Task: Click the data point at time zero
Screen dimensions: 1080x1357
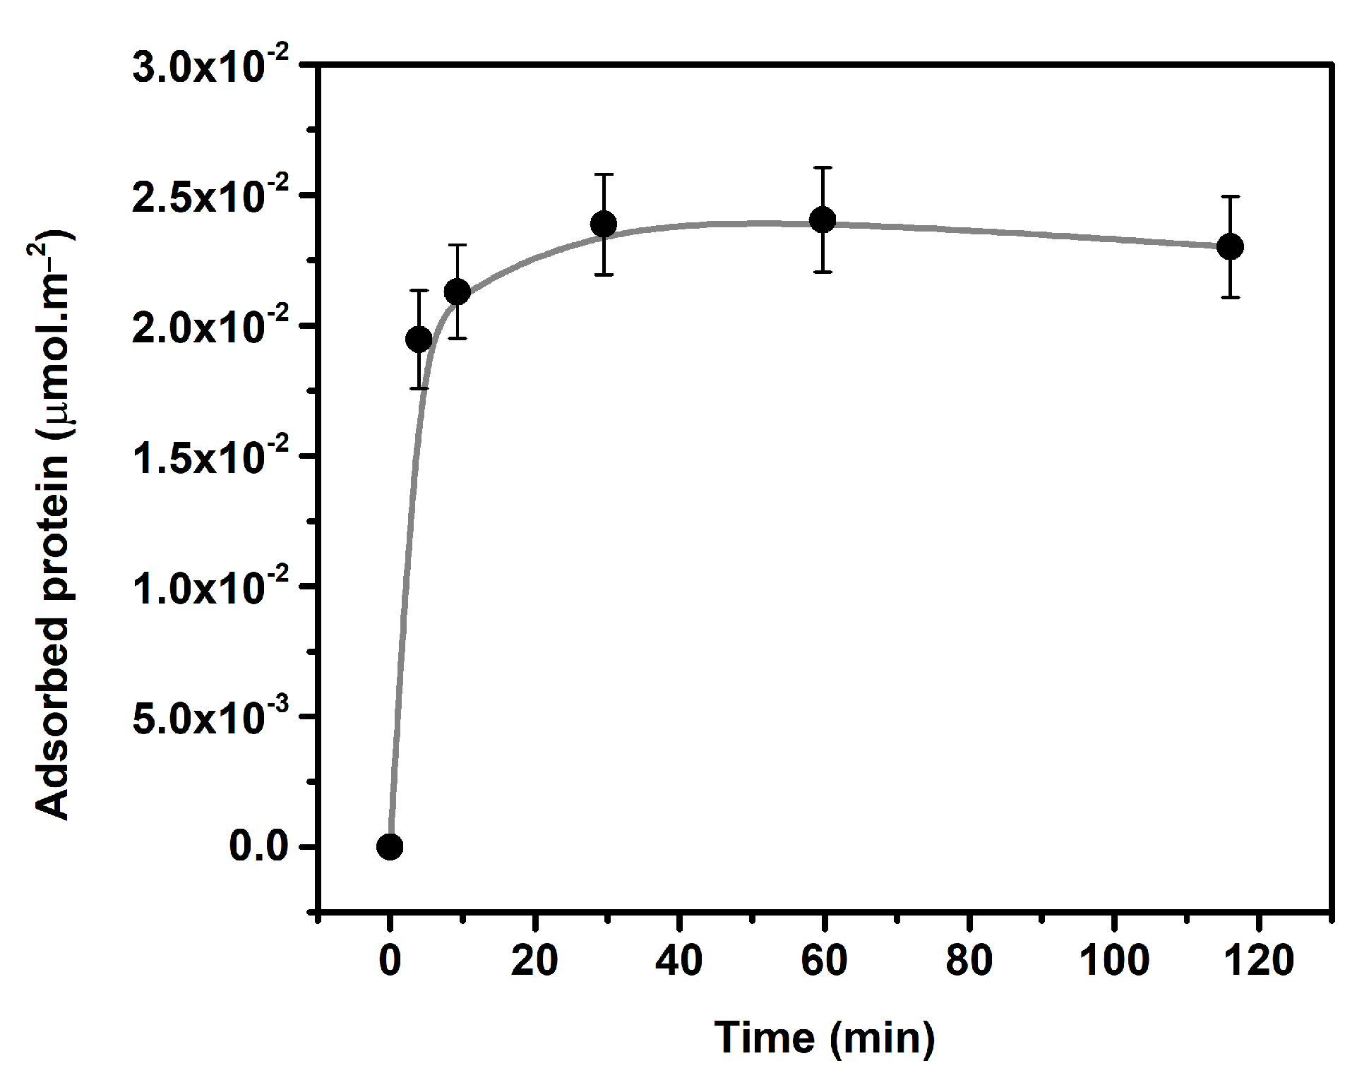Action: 390,846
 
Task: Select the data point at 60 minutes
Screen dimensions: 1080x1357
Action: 823,220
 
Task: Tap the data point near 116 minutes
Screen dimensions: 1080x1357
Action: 1231,246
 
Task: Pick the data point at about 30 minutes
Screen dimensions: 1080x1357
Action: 604,224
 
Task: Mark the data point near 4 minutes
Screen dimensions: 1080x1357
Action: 419,340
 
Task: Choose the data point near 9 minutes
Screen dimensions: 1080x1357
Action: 458,291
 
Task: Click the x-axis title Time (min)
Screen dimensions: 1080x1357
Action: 825,1038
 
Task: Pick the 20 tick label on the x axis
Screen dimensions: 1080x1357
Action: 534,961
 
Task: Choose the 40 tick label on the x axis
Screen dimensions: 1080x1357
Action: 679,961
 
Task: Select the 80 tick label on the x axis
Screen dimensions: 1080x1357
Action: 969,961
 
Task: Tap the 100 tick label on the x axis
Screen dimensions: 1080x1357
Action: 1114,961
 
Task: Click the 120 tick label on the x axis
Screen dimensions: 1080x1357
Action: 1259,961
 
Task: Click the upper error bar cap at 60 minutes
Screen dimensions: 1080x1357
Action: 823,167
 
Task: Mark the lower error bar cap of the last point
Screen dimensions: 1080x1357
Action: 1231,297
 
